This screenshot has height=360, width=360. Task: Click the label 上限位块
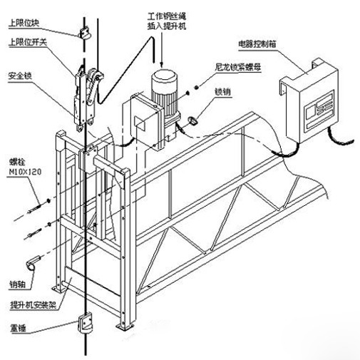pyautogui.click(x=24, y=24)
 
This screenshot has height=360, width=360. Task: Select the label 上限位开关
pyautogui.click(x=28, y=42)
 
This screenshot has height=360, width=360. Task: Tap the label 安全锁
pyautogui.click(x=20, y=76)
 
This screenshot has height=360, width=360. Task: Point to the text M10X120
pyautogui.click(x=25, y=172)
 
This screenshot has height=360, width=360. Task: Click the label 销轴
pyautogui.click(x=17, y=284)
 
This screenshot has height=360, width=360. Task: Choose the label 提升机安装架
pyautogui.click(x=33, y=304)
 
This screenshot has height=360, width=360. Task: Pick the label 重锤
pyautogui.click(x=18, y=329)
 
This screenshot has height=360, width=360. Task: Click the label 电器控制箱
pyautogui.click(x=257, y=44)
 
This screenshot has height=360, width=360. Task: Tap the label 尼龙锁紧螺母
pyautogui.click(x=238, y=67)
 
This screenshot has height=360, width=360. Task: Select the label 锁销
pyautogui.click(x=222, y=91)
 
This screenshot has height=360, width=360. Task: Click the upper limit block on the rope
pyautogui.click(x=85, y=33)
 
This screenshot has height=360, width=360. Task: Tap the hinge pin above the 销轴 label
pyautogui.click(x=33, y=262)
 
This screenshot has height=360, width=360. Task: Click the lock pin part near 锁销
pyautogui.click(x=193, y=120)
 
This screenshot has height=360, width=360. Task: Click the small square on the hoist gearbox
pyautogui.click(x=139, y=123)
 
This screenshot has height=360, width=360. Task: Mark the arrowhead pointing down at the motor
pyautogui.click(x=162, y=63)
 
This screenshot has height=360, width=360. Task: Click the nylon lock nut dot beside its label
pyautogui.click(x=197, y=87)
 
